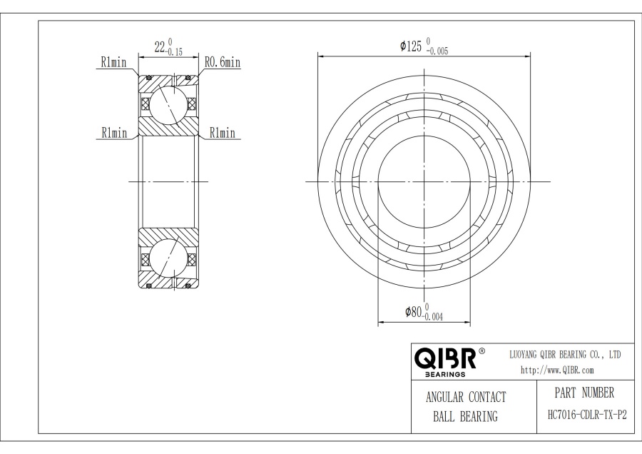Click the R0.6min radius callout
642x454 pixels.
pyautogui.click(x=222, y=63)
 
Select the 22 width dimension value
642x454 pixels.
pyautogui.click(x=160, y=48)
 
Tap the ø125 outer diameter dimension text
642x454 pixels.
pyautogui.click(x=412, y=46)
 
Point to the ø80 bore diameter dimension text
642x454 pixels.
pyautogui.click(x=413, y=312)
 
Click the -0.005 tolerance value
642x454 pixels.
pyautogui.click(x=437, y=51)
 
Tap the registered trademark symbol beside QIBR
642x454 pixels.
pyautogui.click(x=481, y=351)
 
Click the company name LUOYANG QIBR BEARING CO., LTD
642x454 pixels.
pyautogui.click(x=564, y=354)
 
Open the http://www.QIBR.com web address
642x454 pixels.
pyautogui.click(x=556, y=370)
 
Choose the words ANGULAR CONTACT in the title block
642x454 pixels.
pyautogui.click(x=466, y=398)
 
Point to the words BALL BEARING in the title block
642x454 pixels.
pyautogui.click(x=465, y=417)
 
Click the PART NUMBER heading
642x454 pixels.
pyautogui.click(x=584, y=393)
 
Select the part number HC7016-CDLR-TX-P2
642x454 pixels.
pyautogui.click(x=586, y=414)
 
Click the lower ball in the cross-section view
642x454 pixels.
pyautogui.click(x=168, y=259)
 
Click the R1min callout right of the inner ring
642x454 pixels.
pyautogui.click(x=222, y=133)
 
